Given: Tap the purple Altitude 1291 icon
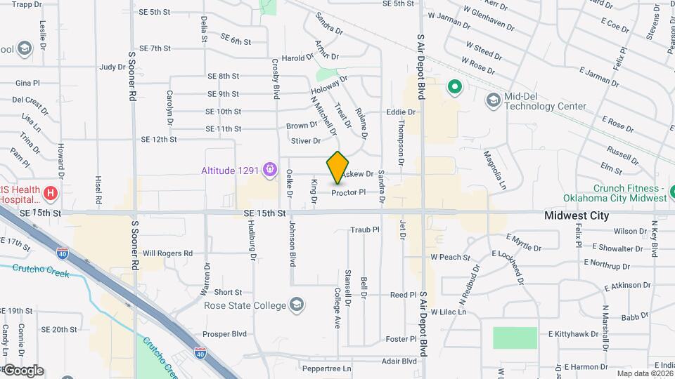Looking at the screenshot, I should pos(269,168).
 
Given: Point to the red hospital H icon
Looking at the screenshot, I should pos(50,192).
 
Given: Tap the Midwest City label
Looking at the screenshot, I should pos(577,216).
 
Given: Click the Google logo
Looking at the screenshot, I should pos(23,370).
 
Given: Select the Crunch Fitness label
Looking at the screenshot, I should pos(629,193).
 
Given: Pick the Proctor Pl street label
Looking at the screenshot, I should pos(349,192).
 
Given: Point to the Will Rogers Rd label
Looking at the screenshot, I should pos(167,253).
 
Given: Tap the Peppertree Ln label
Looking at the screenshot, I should pos(326,368).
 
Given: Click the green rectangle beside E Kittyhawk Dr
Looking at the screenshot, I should pos(515,338).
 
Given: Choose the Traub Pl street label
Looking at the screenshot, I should pos(365,230).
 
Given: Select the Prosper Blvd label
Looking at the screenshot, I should pos(226,334).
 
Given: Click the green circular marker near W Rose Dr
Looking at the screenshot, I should pos(454,88).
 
